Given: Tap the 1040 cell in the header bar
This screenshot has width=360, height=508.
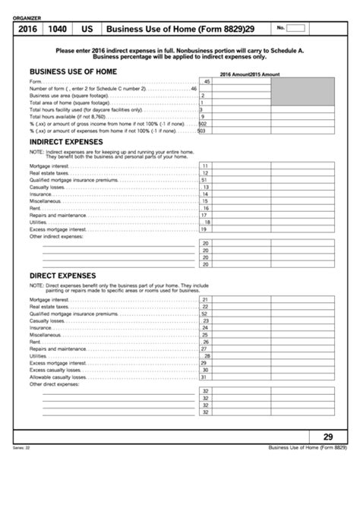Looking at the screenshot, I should (57, 29).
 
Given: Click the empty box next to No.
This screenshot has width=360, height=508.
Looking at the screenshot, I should (296, 28).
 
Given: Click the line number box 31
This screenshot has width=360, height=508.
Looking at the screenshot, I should (205, 377).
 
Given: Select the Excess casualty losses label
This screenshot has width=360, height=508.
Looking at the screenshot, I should (56, 370).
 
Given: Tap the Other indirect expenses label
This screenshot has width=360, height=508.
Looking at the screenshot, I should (60, 236).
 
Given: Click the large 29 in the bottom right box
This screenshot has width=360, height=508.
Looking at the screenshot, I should (328, 437).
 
